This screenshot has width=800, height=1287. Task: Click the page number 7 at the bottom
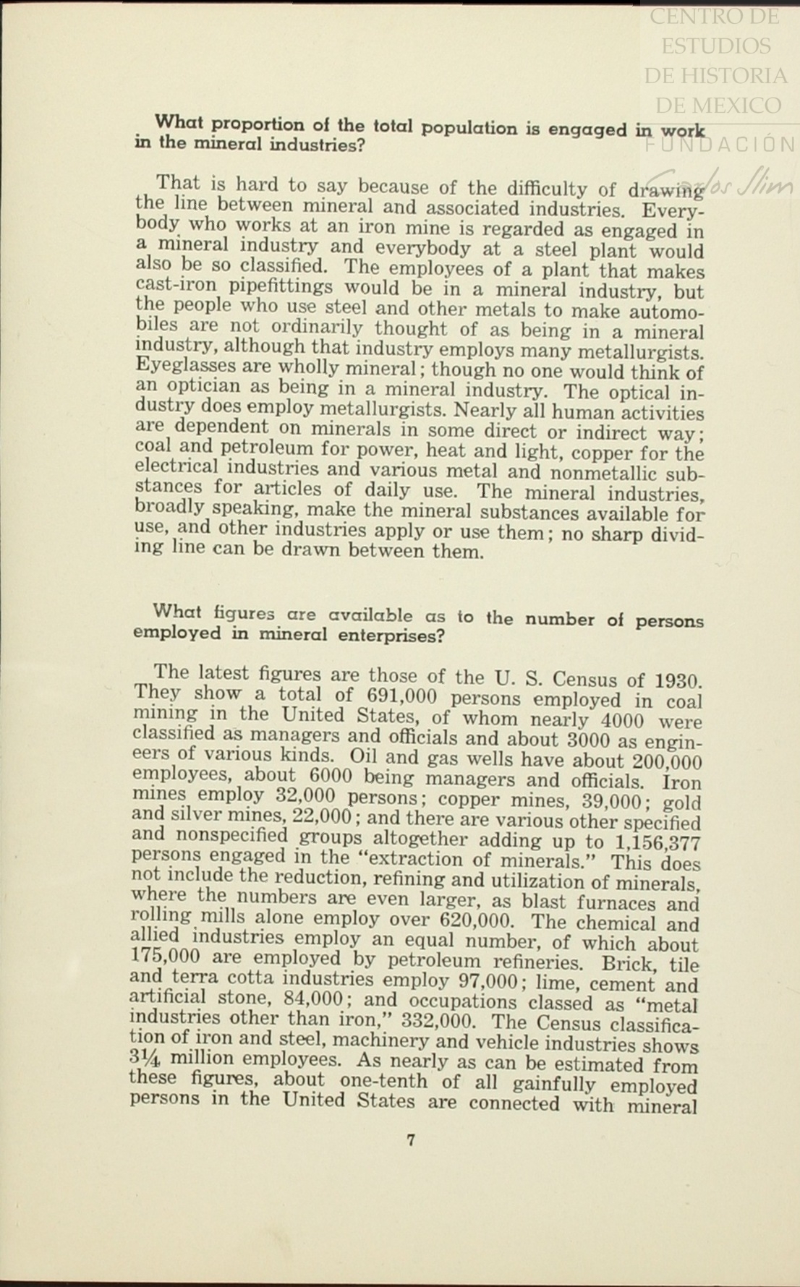click(411, 1140)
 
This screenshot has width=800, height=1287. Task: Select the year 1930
click(677, 682)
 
